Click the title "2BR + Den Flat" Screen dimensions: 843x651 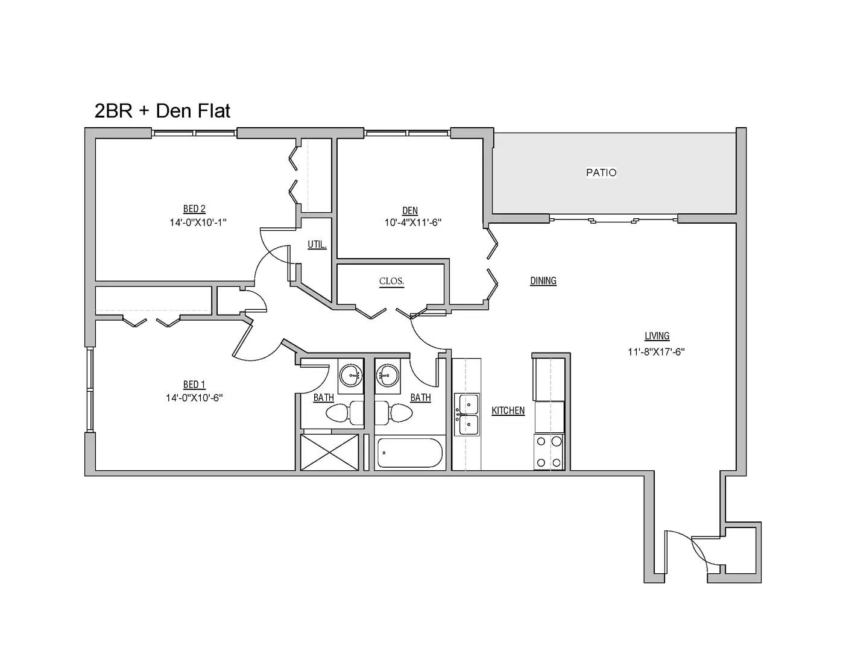click(162, 111)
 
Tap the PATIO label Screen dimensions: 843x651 click(601, 172)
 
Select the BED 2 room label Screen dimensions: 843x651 click(194, 209)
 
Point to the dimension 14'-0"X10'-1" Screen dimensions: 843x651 click(198, 222)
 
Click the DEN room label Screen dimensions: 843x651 click(410, 210)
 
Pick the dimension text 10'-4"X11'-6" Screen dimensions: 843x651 click(413, 222)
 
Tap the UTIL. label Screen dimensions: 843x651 click(317, 245)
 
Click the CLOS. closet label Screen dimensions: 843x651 click(391, 281)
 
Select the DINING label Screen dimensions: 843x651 click(543, 281)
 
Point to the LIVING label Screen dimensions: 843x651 click(657, 336)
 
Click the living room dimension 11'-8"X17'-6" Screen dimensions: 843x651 click(657, 351)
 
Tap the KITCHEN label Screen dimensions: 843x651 click(508, 410)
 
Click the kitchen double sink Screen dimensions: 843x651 click(467, 415)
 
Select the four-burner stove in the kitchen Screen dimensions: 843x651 click(549, 451)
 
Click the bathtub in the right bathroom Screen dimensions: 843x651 click(410, 453)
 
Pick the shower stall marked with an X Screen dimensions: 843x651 click(330, 453)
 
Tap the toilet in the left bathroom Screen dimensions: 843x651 click(344, 414)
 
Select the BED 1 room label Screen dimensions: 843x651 click(194, 385)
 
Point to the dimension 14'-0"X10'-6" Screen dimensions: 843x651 click(194, 398)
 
